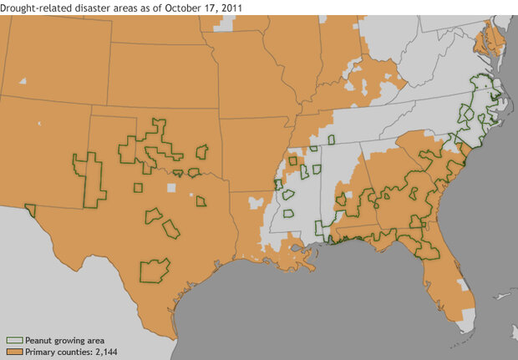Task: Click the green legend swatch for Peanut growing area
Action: (x=13, y=341)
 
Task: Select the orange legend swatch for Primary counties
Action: (x=13, y=352)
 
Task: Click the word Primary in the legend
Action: (x=42, y=352)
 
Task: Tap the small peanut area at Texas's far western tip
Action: (x=30, y=210)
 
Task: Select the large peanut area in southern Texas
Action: (x=154, y=270)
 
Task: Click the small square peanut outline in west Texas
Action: (x=137, y=187)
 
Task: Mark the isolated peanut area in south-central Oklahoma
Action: (x=201, y=152)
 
